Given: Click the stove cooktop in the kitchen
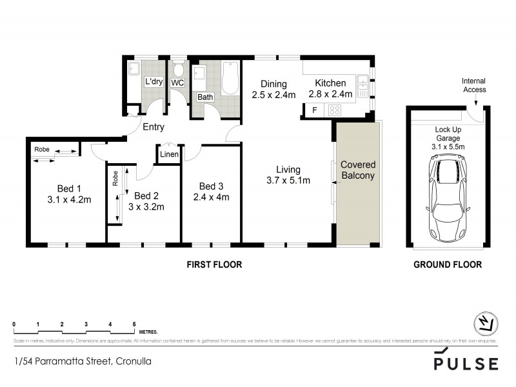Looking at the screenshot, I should coord(335,110).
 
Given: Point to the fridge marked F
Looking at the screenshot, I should coord(314,110).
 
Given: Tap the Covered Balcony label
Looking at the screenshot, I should coord(358,170).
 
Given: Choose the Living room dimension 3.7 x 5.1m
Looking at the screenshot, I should coord(289,181).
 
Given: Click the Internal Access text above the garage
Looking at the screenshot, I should coord(473,85).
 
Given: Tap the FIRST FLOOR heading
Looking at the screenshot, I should coord(214,264).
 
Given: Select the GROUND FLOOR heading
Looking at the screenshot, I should coord(447,264).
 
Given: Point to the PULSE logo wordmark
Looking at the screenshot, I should coord(466,363).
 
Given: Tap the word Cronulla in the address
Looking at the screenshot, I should coord(133,361).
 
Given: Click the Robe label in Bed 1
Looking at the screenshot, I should coord(42,149).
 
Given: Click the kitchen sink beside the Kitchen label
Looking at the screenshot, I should coord(363,83).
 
